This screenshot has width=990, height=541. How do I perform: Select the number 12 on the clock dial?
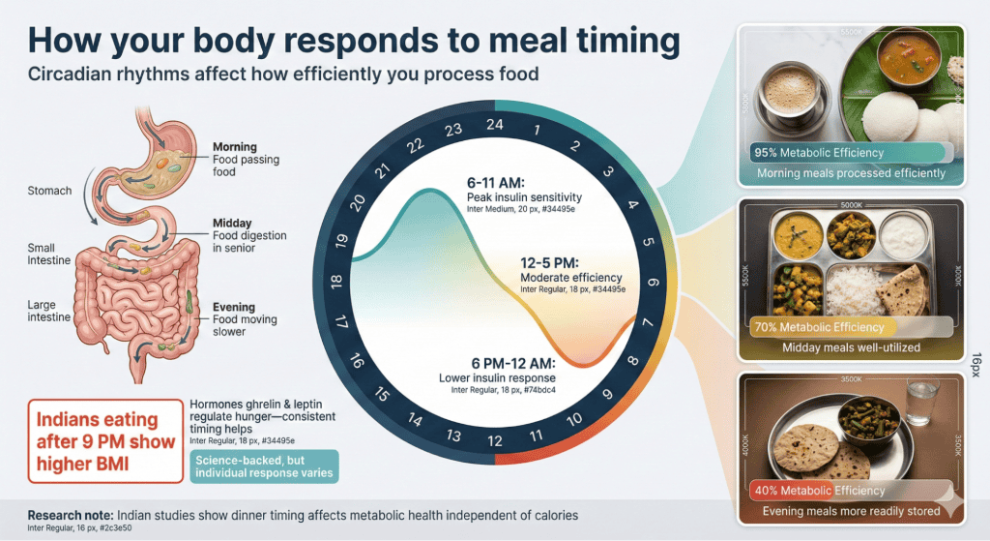pos(495,441)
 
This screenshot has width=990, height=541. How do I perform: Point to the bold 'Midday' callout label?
pos(232,224)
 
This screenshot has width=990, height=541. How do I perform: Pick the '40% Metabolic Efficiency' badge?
pos(818,491)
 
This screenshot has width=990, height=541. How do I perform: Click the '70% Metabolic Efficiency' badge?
pos(818,327)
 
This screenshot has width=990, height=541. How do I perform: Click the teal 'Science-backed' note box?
pos(264,466)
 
